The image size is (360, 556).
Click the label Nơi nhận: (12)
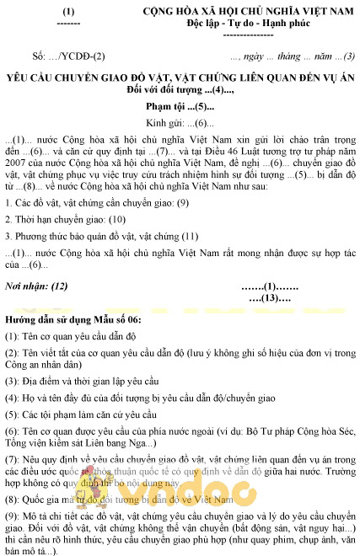click(36, 286)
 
